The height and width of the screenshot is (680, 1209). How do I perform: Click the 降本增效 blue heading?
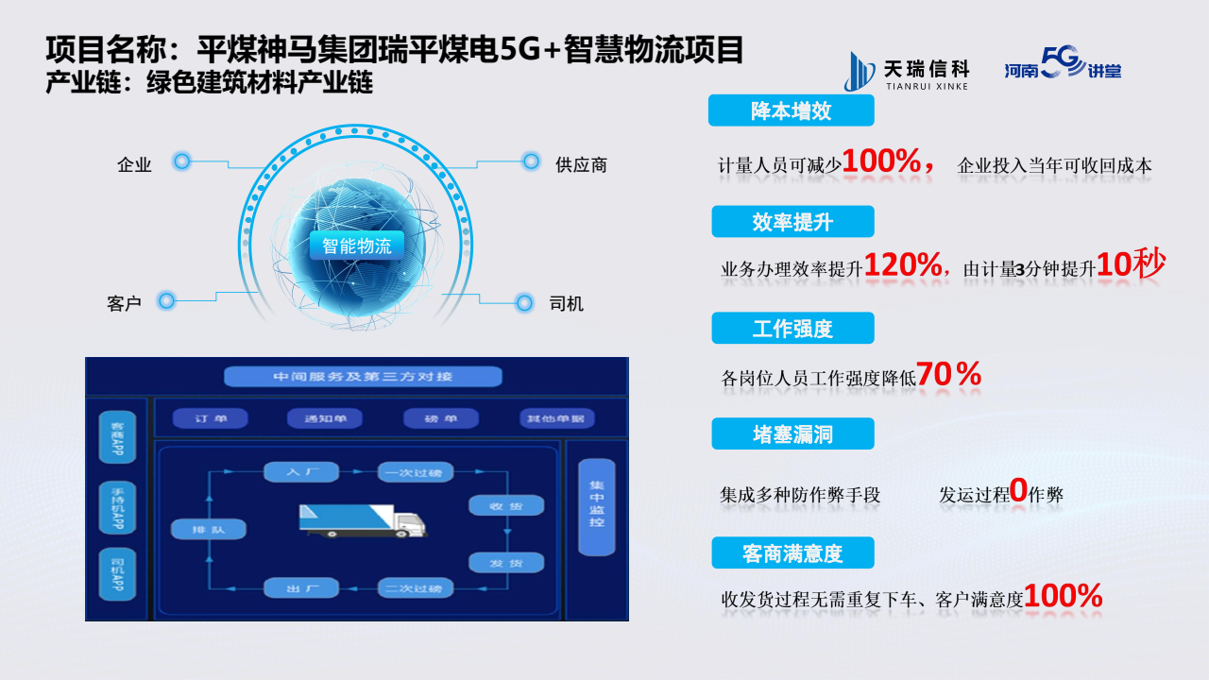click(791, 110)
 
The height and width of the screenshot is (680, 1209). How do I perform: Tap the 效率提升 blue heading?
click(792, 222)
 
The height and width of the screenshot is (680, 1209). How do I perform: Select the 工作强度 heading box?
click(792, 329)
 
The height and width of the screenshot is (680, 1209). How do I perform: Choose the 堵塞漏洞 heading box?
click(792, 434)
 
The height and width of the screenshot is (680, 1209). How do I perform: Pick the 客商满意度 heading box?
click(792, 553)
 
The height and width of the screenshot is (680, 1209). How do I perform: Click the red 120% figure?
click(903, 265)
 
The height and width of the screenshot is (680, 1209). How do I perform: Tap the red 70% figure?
click(948, 375)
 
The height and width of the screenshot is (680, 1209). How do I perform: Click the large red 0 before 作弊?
click(1018, 489)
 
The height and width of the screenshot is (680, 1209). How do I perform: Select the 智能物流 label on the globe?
click(356, 246)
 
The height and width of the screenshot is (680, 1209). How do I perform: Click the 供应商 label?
click(581, 165)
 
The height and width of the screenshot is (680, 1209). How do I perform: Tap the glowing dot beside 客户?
click(167, 301)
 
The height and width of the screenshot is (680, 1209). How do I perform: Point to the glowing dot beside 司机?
click(524, 303)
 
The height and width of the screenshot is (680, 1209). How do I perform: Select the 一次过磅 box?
click(416, 471)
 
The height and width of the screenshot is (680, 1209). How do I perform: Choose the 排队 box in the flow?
click(209, 530)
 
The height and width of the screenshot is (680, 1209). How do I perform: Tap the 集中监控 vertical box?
click(596, 506)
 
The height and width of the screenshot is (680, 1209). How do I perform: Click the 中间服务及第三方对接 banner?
click(363, 377)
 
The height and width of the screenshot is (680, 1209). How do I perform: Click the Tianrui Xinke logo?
click(907, 72)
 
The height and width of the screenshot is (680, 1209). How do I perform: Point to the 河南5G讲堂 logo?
click(1063, 68)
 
